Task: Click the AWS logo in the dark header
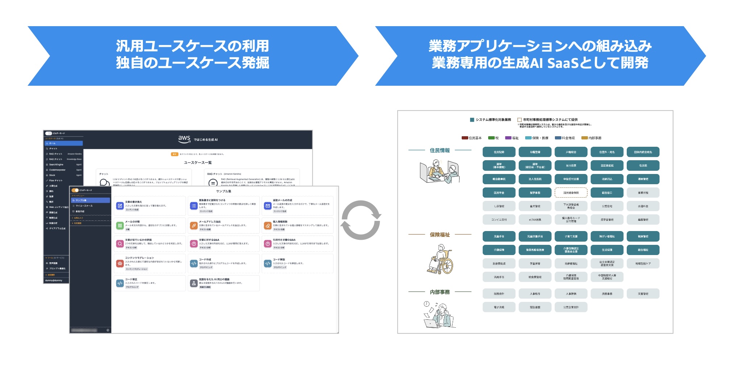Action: [x=184, y=138]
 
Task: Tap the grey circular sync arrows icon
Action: [x=361, y=220]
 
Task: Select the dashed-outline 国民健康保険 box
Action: [x=571, y=193]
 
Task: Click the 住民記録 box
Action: [x=499, y=152]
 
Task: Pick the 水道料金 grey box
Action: [x=643, y=206]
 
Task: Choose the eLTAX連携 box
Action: [x=535, y=219]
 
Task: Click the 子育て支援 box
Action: [x=571, y=236]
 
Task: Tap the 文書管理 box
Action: [x=643, y=294]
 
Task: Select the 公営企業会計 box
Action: [x=571, y=307]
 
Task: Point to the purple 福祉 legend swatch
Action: [x=508, y=138]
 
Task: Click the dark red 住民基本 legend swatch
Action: [x=465, y=138]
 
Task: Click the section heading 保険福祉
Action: [x=440, y=235]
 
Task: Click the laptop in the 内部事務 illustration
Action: [x=431, y=323]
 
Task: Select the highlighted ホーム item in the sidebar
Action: [x=64, y=143]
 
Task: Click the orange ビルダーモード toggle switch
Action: [x=75, y=190]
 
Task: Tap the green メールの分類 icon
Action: [x=120, y=226]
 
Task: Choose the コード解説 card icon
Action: [x=268, y=263]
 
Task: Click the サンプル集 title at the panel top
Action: [x=223, y=191]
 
